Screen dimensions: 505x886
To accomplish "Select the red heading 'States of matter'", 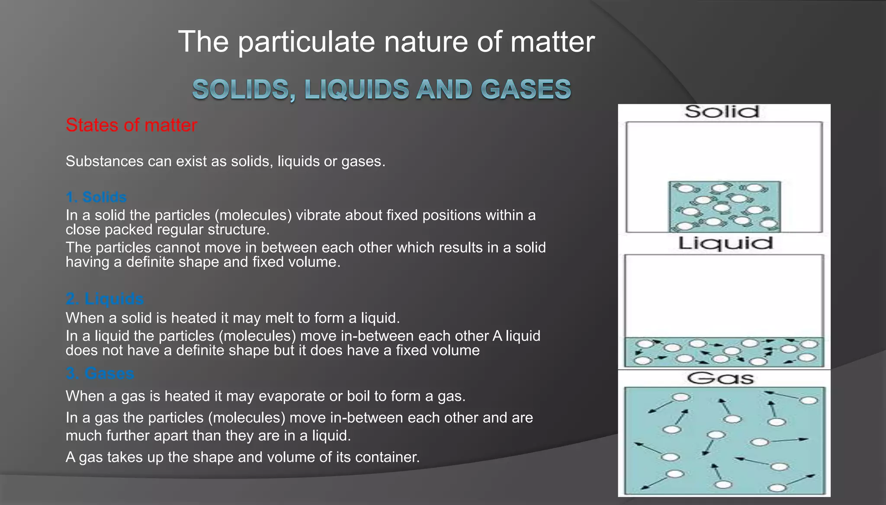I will click(x=131, y=125).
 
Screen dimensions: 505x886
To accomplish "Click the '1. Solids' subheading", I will click(x=96, y=197).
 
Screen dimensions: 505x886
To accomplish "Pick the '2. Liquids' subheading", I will click(x=105, y=299).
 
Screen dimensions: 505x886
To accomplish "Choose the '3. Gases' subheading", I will click(x=100, y=373).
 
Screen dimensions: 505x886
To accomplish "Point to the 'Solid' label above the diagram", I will click(x=722, y=112).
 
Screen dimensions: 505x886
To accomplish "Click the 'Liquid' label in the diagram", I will click(x=725, y=243).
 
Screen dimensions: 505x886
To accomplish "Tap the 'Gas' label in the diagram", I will click(x=720, y=378).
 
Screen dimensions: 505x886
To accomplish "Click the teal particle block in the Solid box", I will click(x=725, y=206).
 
